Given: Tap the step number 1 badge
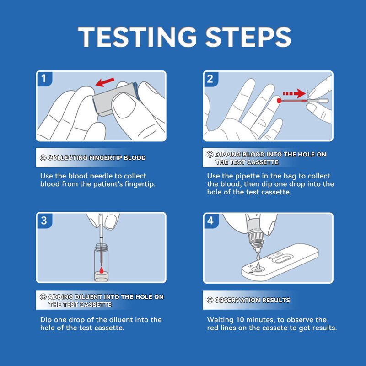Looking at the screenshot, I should coord(44,78).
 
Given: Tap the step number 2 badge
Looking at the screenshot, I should coord(210,78).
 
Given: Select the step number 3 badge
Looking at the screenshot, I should coord(44,221).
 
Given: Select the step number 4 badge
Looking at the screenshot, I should coord(210,221).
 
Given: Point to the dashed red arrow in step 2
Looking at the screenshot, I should coord(293,94).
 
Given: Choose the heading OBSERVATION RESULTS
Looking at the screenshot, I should coord(252,300).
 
